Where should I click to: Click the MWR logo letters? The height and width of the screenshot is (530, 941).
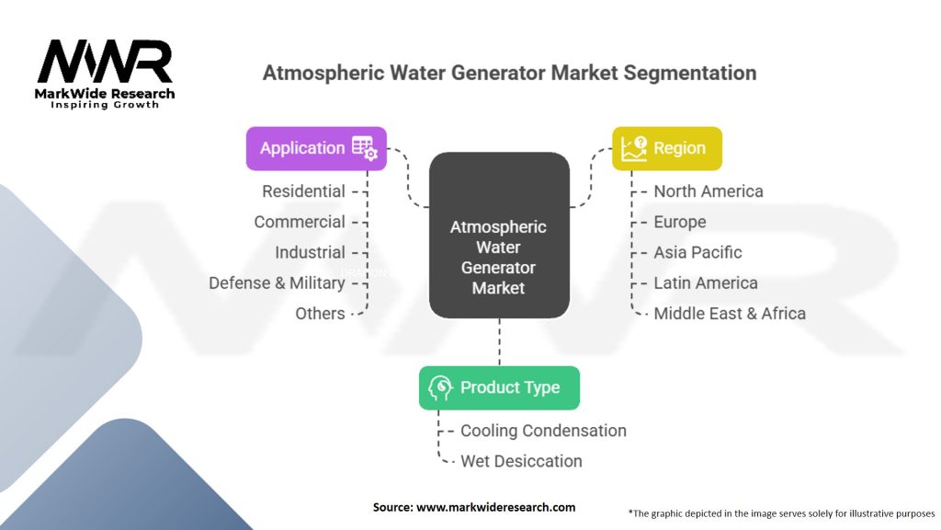(x=104, y=62)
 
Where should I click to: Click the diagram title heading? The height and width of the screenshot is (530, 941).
(x=509, y=73)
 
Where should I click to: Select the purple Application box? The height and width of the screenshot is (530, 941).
(x=316, y=148)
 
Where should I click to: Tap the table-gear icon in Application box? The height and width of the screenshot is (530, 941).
(x=364, y=148)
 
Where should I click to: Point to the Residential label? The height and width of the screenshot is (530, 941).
(x=303, y=191)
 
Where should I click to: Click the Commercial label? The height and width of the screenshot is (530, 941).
(x=300, y=222)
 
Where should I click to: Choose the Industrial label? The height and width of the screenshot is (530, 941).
(x=310, y=252)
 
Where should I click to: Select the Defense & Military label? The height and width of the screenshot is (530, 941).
(x=277, y=282)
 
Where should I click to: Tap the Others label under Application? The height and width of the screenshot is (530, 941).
(x=320, y=313)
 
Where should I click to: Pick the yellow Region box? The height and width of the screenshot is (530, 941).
(x=667, y=148)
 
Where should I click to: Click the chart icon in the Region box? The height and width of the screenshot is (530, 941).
(x=634, y=148)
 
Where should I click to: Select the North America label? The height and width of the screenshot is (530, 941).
(x=708, y=191)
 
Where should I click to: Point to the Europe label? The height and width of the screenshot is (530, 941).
(x=679, y=222)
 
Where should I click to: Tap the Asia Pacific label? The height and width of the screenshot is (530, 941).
(x=697, y=252)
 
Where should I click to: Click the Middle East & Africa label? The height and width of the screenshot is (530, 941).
(x=729, y=313)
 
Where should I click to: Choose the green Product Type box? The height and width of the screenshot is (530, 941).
(x=499, y=387)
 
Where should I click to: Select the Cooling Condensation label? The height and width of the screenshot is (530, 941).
(x=543, y=431)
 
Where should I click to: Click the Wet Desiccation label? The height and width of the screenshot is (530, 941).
(x=521, y=461)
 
